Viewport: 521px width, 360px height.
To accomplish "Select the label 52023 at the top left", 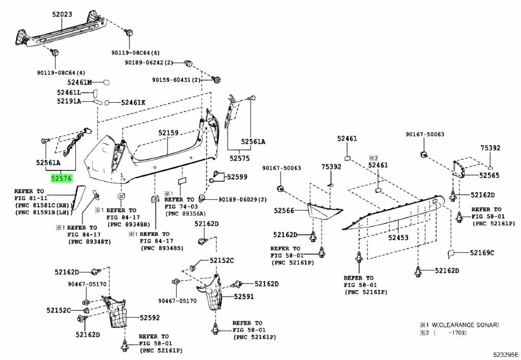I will (62, 15).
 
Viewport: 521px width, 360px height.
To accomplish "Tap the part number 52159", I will (168, 133).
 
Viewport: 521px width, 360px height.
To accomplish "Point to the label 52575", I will (238, 158).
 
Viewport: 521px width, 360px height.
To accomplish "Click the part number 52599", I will (237, 177).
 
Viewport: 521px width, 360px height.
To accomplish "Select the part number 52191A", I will (69, 101).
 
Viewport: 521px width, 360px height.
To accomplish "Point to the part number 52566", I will (284, 210).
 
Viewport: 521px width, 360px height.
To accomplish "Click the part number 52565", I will (489, 175).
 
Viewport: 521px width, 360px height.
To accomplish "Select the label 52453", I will (398, 237).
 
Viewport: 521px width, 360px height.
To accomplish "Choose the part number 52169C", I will (482, 253).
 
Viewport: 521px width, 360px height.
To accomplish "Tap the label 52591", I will (244, 296).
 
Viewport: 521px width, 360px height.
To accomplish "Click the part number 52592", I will (136, 318).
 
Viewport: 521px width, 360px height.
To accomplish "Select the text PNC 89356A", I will (184, 214).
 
